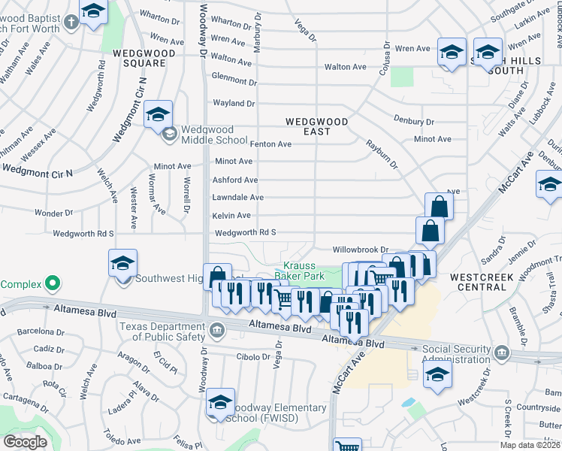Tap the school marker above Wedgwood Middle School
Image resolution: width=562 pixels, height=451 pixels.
click(x=158, y=114)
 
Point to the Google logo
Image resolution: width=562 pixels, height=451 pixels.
click(x=25, y=442)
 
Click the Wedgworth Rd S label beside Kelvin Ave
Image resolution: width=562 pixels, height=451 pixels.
click(x=246, y=233)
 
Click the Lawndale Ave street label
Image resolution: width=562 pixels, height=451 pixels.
click(x=237, y=198)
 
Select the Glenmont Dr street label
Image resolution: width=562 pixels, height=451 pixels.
click(x=234, y=79)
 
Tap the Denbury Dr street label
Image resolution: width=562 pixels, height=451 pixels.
click(x=414, y=121)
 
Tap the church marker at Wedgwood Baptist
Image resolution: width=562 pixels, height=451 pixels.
click(x=71, y=22)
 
